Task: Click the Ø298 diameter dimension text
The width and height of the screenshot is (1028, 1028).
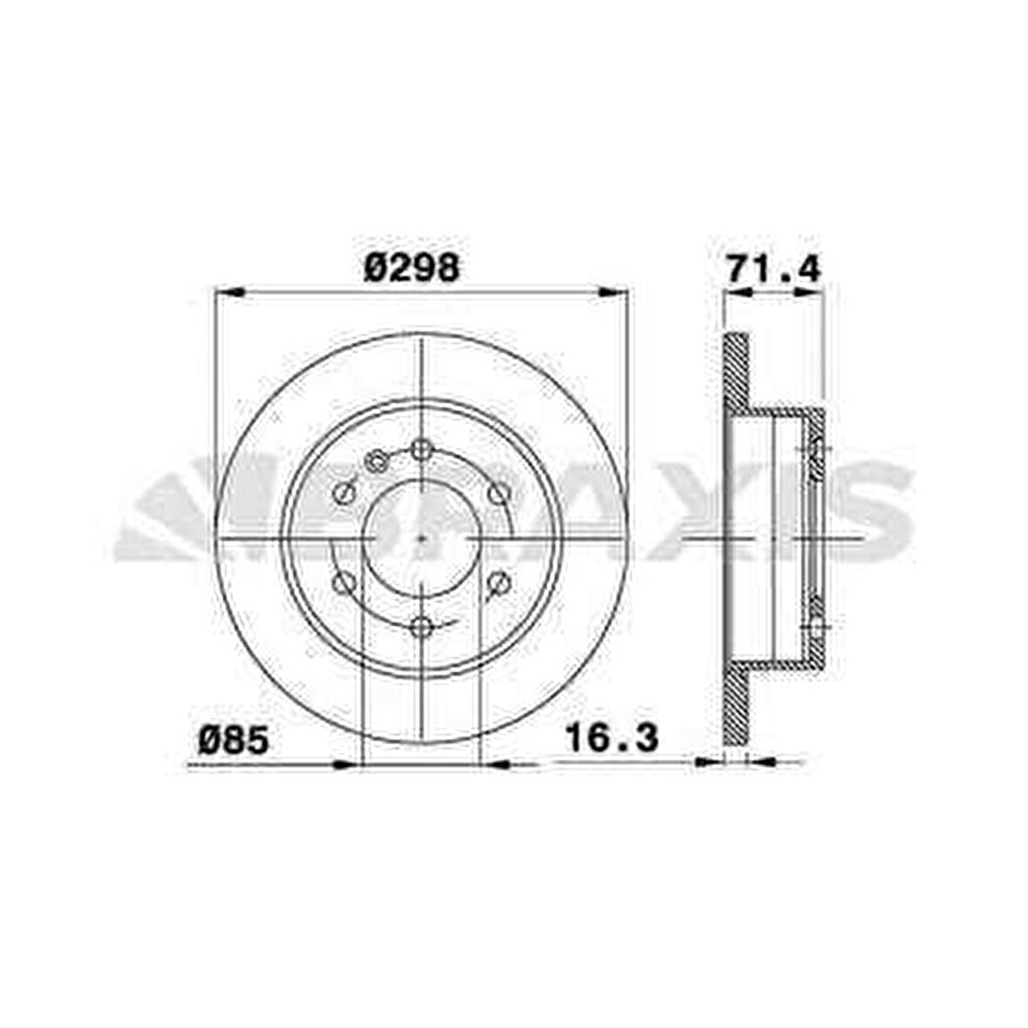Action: tap(411, 267)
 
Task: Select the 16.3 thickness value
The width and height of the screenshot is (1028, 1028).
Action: tap(612, 738)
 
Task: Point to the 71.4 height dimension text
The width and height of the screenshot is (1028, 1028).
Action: tap(774, 269)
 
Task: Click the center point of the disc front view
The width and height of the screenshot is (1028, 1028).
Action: tap(422, 538)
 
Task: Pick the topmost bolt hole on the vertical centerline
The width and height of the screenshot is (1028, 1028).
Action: tap(422, 450)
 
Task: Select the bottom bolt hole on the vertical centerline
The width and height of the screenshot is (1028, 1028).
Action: tap(422, 626)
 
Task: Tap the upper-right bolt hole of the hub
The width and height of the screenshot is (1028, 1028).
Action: tap(498, 494)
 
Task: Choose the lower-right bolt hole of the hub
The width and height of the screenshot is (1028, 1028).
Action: tap(498, 582)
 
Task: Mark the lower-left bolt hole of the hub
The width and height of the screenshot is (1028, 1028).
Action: tap(345, 582)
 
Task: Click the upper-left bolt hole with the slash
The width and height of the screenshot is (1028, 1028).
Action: tap(345, 494)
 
